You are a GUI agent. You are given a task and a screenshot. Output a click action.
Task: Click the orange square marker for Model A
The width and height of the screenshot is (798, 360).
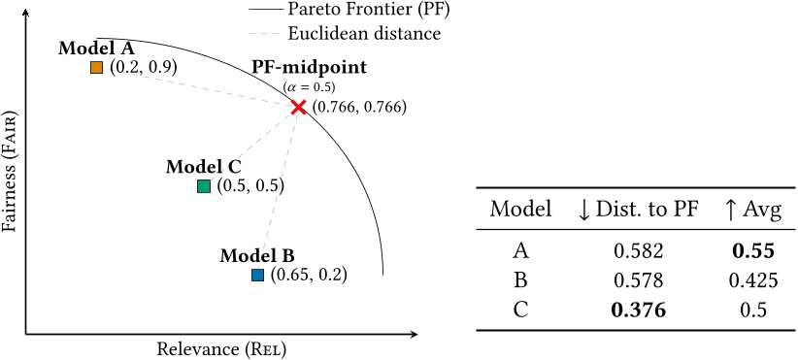point(96,67)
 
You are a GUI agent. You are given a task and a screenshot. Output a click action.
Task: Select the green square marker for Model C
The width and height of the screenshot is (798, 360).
point(203,185)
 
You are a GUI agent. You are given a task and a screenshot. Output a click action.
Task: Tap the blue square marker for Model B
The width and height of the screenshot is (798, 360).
point(257,275)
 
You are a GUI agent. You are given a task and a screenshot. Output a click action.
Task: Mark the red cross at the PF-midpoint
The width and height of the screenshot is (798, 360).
point(298,107)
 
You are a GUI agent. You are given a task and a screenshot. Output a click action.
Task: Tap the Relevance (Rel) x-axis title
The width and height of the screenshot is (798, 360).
point(222,348)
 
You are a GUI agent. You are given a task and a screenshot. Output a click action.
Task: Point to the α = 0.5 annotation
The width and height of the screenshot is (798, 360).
point(310,87)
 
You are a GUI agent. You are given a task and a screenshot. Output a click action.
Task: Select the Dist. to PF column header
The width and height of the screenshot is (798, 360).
point(639,209)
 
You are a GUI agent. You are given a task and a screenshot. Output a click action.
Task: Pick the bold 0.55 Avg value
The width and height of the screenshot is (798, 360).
point(753,251)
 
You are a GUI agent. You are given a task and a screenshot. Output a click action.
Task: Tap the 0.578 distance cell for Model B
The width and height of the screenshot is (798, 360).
point(639,280)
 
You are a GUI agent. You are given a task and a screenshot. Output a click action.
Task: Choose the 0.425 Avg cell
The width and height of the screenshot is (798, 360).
point(753,280)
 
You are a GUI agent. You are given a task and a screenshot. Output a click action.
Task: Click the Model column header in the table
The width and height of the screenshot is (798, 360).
point(521,209)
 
